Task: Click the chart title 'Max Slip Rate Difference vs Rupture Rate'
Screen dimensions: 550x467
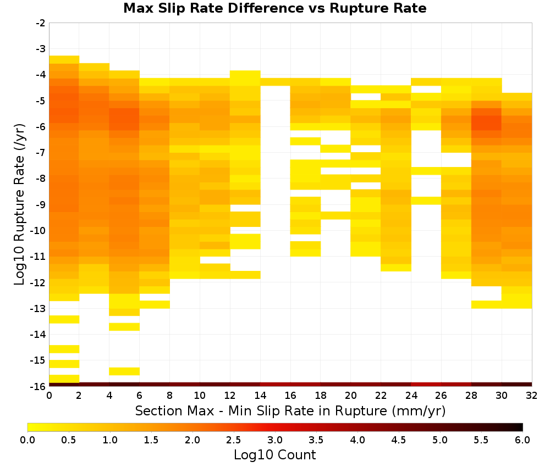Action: pyautogui.click(x=274, y=8)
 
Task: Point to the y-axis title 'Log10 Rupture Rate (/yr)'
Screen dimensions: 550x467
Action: pyautogui.click(x=20, y=204)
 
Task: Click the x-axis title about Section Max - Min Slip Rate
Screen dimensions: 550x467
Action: pyautogui.click(x=290, y=411)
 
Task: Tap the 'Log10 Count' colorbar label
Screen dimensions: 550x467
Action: pyautogui.click(x=274, y=455)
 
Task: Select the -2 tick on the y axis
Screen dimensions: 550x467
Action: pyautogui.click(x=41, y=23)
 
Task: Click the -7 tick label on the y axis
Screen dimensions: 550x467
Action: pyautogui.click(x=41, y=153)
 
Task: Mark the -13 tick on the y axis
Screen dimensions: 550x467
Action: pyautogui.click(x=38, y=309)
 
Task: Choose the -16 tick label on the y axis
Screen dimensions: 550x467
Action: pyautogui.click(x=38, y=386)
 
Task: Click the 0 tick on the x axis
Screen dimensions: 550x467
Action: pyautogui.click(x=49, y=396)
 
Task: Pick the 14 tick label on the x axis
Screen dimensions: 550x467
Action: pyautogui.click(x=260, y=396)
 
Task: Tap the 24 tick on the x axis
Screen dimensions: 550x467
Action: pyautogui.click(x=411, y=396)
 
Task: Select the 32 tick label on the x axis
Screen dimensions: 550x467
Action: pyautogui.click(x=532, y=396)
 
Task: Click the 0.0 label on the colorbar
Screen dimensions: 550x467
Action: pyautogui.click(x=28, y=440)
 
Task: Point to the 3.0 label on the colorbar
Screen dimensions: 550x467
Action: pyautogui.click(x=275, y=440)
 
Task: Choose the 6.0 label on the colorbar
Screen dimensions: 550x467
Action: pyautogui.click(x=522, y=440)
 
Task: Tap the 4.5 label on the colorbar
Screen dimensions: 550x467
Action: pyautogui.click(x=399, y=440)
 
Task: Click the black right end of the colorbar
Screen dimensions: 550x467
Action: pyautogui.click(x=521, y=427)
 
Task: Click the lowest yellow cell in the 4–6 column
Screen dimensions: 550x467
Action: pyautogui.click(x=124, y=371)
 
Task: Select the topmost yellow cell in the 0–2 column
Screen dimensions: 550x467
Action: pyautogui.click(x=64, y=59)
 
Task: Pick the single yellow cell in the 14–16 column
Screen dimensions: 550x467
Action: pyautogui.click(x=276, y=82)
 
